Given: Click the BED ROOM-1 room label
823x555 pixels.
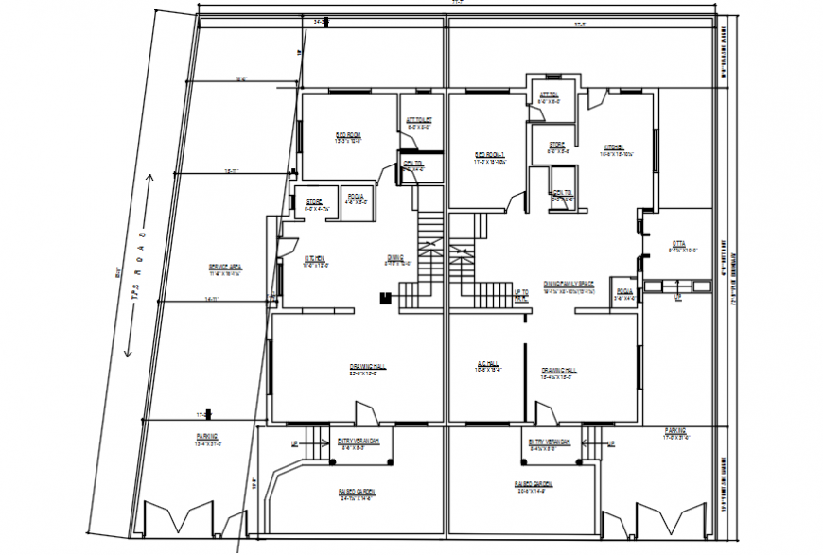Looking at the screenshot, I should coord(490,155).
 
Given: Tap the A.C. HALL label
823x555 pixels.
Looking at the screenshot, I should coord(488,364).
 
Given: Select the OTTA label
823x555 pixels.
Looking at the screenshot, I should coord(678,243).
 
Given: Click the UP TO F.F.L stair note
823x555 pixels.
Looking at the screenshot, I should coord(521,295).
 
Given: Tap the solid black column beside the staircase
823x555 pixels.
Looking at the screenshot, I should coord(384,299).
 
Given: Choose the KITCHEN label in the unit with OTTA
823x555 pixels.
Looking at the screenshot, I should coord(613,147).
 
